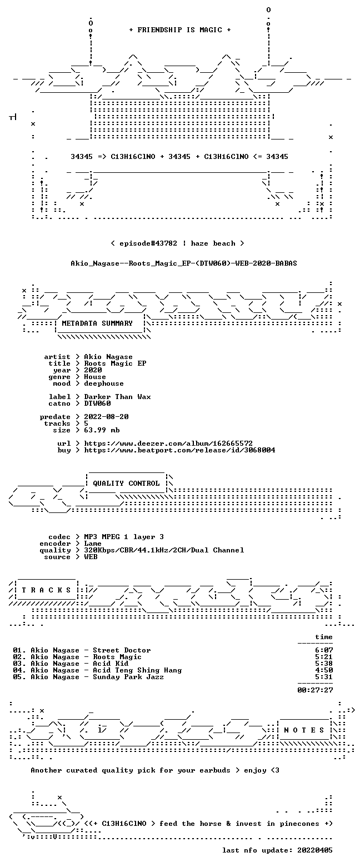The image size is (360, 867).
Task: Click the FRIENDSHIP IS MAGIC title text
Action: tap(179, 30)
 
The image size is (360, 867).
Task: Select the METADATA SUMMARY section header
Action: tap(97, 323)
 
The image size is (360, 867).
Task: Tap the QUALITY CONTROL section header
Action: tap(126, 483)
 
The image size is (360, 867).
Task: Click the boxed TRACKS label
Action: tap(47, 590)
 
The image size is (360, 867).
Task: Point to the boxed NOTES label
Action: tap(304, 730)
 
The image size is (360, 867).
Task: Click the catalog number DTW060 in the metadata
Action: tap(98, 403)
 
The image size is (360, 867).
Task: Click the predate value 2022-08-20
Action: tap(107, 417)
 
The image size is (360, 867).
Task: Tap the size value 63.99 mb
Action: tap(102, 430)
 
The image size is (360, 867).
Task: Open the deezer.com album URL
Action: tap(168, 443)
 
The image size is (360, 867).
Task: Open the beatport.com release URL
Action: tap(179, 450)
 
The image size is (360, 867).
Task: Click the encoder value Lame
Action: tap(93, 544)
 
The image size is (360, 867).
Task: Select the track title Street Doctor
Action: tap(122, 650)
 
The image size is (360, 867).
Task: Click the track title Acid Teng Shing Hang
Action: tap(137, 670)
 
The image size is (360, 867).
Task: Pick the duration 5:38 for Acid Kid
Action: tap(324, 664)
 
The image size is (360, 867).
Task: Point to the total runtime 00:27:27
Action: tap(315, 690)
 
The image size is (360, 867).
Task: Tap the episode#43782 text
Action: tap(148, 243)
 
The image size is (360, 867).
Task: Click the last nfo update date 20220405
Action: tap(315, 850)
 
